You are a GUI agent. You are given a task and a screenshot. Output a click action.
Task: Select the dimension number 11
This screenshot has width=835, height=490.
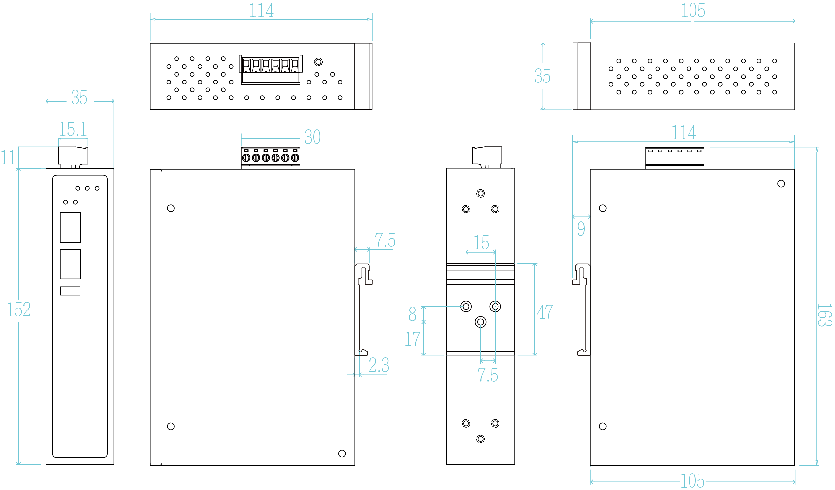[8, 158]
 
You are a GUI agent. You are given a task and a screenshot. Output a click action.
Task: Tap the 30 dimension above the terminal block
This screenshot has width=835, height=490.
[312, 137]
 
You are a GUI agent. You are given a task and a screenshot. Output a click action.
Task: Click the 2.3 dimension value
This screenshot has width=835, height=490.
[379, 365]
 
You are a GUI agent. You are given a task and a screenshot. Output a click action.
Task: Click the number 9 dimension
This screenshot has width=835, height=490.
[581, 228]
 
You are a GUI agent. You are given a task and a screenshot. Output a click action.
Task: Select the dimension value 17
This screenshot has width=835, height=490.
[412, 339]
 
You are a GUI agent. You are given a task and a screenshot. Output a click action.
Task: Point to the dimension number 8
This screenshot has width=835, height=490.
[412, 314]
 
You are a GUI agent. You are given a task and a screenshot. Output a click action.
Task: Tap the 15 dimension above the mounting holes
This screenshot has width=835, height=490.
[481, 243]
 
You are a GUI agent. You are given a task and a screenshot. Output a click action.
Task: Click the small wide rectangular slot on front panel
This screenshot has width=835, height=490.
[70, 291]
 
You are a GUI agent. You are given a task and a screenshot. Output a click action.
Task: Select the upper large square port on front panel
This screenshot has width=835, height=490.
[71, 228]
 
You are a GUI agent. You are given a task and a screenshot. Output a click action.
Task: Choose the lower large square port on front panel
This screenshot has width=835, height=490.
[71, 264]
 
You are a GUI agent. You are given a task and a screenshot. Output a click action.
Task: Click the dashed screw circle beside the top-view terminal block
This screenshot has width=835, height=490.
[318, 62]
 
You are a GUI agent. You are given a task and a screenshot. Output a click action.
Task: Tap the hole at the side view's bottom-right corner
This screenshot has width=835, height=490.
[342, 454]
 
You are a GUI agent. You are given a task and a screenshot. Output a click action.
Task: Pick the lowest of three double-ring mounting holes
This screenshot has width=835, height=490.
[480, 322]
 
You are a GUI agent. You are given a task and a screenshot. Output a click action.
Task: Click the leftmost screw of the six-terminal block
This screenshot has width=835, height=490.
[246, 158]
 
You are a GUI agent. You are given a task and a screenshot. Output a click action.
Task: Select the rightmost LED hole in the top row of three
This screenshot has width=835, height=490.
[97, 188]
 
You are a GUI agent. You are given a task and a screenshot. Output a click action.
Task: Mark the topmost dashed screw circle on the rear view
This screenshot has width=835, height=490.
[480, 193]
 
